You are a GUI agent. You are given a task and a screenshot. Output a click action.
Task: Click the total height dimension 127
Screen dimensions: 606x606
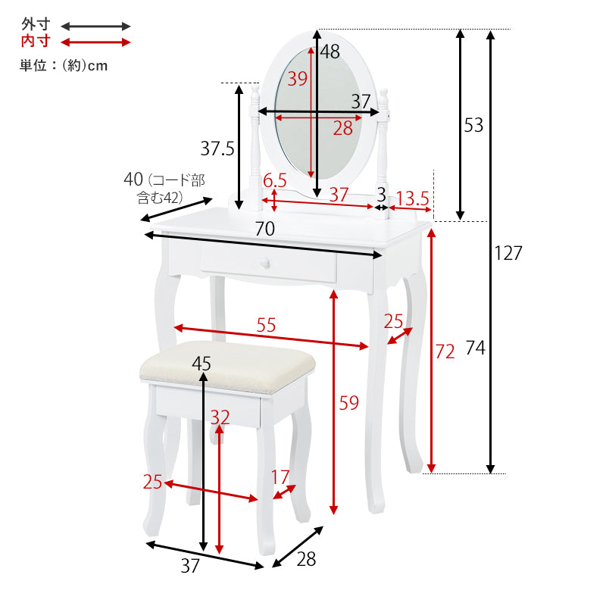click(x=508, y=253)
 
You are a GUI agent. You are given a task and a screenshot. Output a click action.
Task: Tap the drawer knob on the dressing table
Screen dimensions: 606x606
click(x=264, y=264)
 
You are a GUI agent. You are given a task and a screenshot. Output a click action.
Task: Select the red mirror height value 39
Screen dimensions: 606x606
click(x=297, y=79)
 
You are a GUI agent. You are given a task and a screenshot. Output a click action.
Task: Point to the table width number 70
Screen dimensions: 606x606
click(x=264, y=229)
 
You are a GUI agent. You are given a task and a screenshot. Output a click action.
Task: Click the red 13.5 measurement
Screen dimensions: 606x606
click(x=413, y=198)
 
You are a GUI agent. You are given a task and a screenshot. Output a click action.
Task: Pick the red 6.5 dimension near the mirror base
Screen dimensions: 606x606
click(x=275, y=180)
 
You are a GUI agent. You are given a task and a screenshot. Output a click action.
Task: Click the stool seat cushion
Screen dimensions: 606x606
click(x=228, y=367)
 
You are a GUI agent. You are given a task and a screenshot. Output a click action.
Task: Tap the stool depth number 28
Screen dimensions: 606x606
click(x=306, y=559)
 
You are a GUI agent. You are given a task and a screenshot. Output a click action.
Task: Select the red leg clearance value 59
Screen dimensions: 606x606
click(x=348, y=403)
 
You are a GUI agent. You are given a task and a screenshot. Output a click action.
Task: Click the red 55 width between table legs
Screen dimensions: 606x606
click(x=267, y=325)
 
